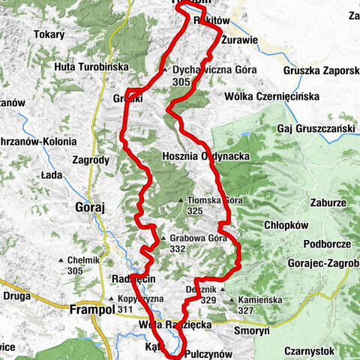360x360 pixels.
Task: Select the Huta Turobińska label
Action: click(x=92, y=67)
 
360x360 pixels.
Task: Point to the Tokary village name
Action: click(x=51, y=34)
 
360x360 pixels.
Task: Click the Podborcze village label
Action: click(x=327, y=244)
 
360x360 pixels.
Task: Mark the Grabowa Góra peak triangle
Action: click(x=163, y=240)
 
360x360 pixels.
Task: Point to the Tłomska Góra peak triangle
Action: click(x=181, y=201)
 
